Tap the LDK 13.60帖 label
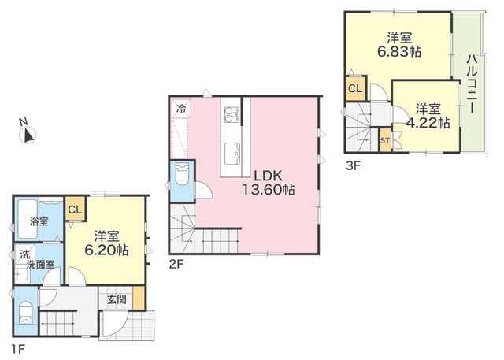point(268,183)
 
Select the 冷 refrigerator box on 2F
point(182,109)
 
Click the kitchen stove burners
point(232,114)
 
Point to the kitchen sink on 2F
point(232,154)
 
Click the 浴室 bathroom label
point(39,221)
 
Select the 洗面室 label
point(40,265)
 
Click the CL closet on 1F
point(76,209)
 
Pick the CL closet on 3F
point(355,88)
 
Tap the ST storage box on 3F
point(385,140)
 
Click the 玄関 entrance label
point(117,299)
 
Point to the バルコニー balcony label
point(471,84)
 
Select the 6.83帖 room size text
point(399,51)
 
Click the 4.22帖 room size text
point(428,123)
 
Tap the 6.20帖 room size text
point(107,250)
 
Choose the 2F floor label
point(176,264)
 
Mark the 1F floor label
point(18,349)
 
